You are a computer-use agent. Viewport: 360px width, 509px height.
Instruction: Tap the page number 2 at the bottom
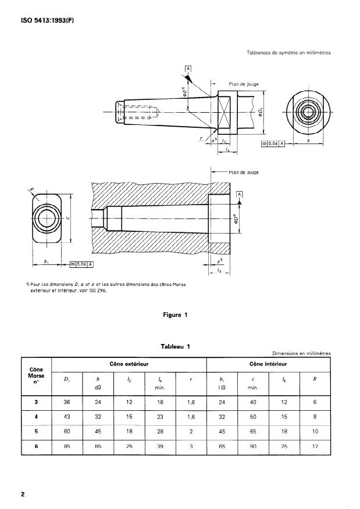[23, 494]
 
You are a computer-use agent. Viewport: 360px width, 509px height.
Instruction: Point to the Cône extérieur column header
[129, 364]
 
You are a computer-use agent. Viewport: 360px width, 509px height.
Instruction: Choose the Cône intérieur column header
[268, 364]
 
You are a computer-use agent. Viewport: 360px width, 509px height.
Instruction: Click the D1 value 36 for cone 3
[67, 402]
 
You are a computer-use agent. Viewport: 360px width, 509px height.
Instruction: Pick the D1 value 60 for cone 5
[67, 431]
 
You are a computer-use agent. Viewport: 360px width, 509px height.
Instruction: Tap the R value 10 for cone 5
[315, 431]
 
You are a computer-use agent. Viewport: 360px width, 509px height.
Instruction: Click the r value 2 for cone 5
[191, 431]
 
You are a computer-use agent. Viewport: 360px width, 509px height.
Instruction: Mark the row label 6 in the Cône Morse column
[37, 446]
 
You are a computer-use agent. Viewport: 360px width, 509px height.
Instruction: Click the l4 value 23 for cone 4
[161, 416]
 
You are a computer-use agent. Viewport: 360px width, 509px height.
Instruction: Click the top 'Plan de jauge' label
[243, 84]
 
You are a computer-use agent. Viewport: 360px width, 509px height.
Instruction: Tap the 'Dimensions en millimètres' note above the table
[301, 353]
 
